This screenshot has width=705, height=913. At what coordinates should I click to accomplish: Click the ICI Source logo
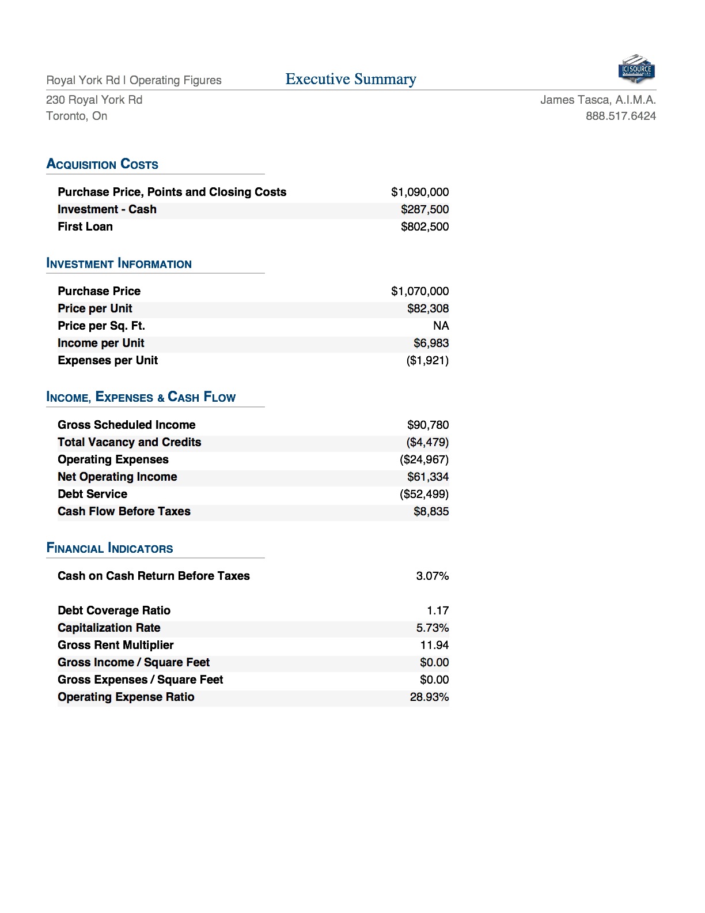tap(636, 69)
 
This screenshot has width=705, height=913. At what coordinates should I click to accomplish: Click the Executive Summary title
tap(351, 79)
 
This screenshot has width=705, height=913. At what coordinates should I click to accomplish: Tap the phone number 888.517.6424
tap(620, 116)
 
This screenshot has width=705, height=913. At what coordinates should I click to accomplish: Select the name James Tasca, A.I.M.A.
tap(598, 100)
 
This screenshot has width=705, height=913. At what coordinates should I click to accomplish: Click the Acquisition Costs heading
tap(103, 164)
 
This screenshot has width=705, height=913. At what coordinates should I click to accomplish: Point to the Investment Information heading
tap(119, 264)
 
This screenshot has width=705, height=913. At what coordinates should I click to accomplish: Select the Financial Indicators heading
tap(109, 548)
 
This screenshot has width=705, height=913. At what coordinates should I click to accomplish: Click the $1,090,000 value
tap(419, 192)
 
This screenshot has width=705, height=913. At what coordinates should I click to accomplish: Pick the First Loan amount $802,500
tap(424, 227)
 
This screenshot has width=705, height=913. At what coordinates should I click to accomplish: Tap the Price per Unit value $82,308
tap(427, 308)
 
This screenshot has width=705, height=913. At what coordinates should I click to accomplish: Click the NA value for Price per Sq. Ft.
tap(441, 326)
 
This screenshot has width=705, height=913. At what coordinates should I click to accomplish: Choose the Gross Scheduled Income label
tap(126, 425)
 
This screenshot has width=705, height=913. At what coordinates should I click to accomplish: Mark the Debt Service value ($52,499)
tap(424, 494)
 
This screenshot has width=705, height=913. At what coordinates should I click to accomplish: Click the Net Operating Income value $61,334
tap(427, 477)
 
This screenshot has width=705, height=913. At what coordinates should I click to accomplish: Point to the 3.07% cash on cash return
tap(432, 576)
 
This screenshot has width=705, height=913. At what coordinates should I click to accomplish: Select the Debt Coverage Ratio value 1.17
tap(437, 610)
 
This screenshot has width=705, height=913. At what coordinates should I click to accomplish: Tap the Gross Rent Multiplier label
tap(115, 645)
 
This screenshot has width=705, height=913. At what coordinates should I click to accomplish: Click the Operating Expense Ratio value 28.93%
tap(429, 697)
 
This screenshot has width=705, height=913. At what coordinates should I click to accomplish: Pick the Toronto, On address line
tap(77, 116)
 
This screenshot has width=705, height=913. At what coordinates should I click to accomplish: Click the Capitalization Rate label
tap(109, 628)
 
